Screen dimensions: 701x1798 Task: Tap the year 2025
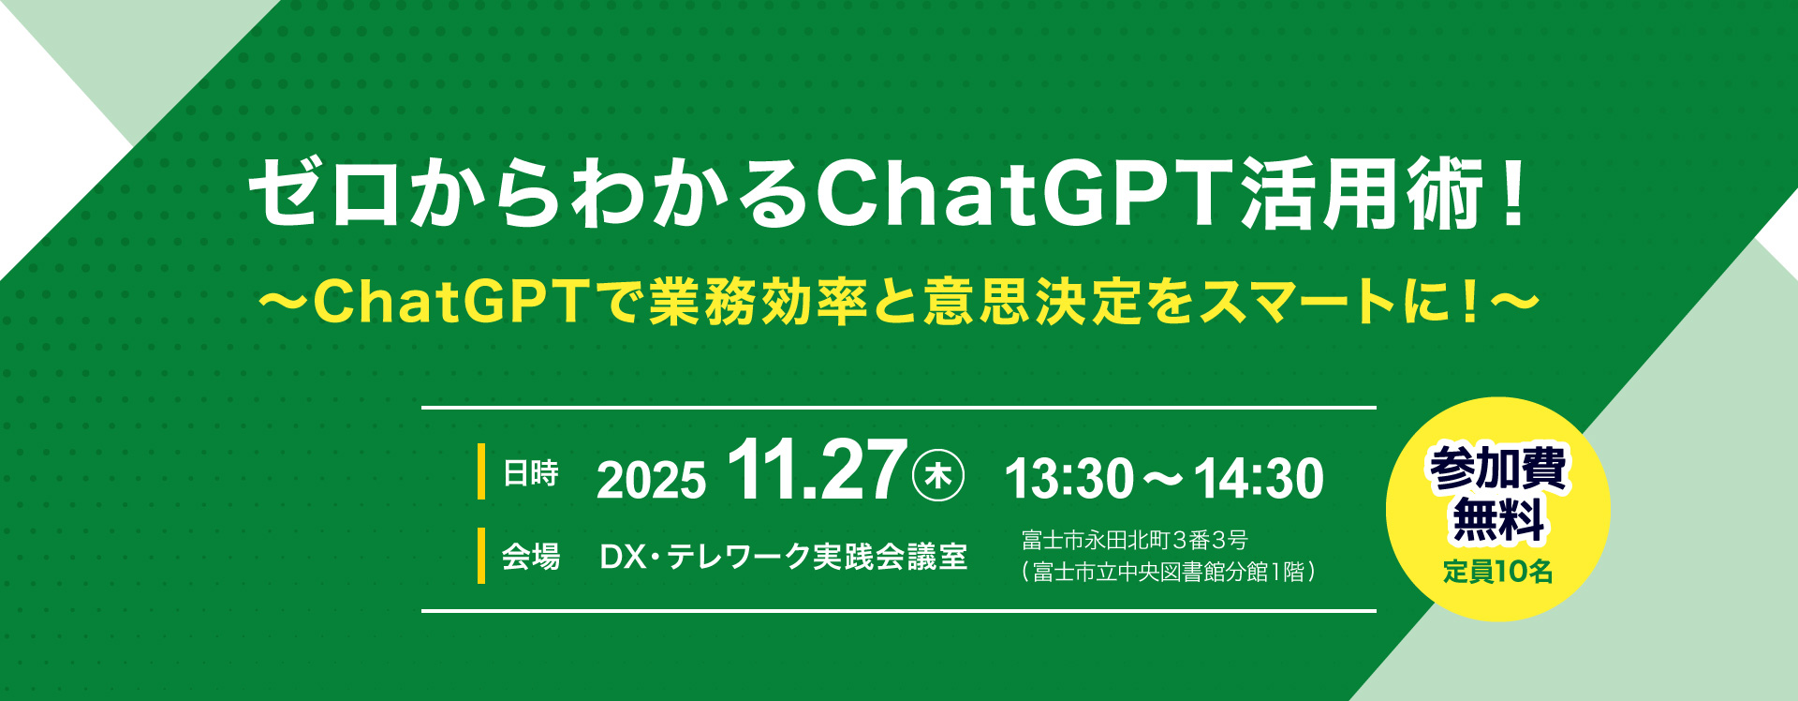coord(651,480)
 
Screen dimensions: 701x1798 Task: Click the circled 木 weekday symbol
coord(937,476)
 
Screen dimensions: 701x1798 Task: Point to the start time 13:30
coord(1068,478)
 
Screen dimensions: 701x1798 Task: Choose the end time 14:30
coord(1258,478)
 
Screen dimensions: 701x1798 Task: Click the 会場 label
coord(530,557)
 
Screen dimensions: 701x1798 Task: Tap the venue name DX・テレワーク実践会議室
coord(783,557)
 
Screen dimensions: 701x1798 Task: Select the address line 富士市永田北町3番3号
coord(1134,540)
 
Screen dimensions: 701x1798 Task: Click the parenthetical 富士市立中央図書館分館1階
coord(1169,572)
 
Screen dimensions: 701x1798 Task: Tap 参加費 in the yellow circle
coord(1497,469)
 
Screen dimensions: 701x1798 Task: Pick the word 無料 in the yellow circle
coord(1497,521)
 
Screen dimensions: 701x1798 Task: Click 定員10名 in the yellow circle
coord(1497,571)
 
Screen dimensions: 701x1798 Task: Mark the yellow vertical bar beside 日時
coord(481,471)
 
